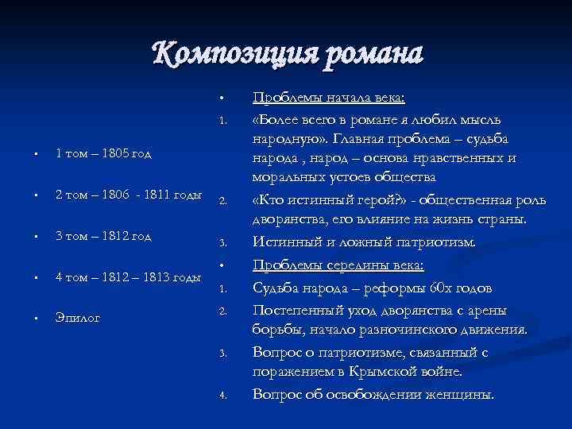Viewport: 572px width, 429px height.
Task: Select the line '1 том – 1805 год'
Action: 103,153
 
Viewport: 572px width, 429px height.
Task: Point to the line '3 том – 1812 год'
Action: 103,236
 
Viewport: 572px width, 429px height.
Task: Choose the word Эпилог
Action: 78,318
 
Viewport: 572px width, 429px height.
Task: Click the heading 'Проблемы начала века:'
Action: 328,97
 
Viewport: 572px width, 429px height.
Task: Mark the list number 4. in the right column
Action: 224,395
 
